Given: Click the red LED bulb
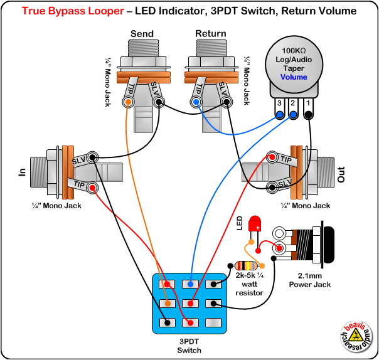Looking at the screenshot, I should pyautogui.click(x=255, y=224).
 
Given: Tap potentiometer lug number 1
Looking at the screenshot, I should pyautogui.click(x=308, y=114).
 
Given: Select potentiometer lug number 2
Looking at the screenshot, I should pyautogui.click(x=293, y=114).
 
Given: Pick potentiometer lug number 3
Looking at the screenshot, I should pyautogui.click(x=279, y=114).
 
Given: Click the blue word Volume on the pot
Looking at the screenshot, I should pyautogui.click(x=294, y=77).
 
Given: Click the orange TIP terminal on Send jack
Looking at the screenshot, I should pyautogui.click(x=129, y=102).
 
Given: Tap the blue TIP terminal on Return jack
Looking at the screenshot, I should pyautogui.click(x=197, y=102).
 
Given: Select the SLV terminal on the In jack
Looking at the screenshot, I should pyautogui.click(x=93, y=157).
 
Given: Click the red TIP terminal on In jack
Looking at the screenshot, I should pyautogui.click(x=92, y=186).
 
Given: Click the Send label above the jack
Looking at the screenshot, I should pyautogui.click(x=141, y=33).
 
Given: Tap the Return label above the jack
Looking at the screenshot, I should pyautogui.click(x=210, y=33).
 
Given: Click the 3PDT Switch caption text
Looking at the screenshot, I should pyautogui.click(x=189, y=346).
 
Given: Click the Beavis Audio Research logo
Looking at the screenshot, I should pyautogui.click(x=357, y=337).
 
